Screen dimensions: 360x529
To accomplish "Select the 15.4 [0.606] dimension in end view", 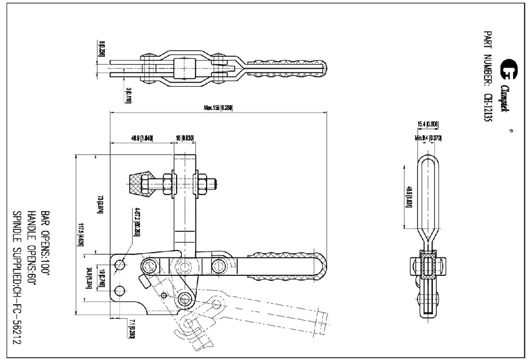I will (428, 123).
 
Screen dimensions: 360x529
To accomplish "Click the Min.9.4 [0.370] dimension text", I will (427, 138).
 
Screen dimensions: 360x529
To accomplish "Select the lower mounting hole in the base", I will (120, 289).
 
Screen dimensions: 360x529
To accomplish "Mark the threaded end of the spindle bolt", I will (212, 183).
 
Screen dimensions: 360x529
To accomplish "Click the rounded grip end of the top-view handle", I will (320, 67).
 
